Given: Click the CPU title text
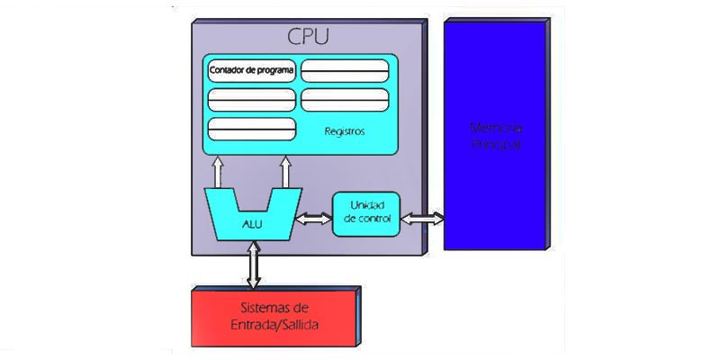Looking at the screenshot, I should click(308, 37).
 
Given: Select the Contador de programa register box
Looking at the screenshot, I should click(252, 70).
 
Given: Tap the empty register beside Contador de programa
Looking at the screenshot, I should click(345, 70).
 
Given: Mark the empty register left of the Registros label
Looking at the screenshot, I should click(252, 129).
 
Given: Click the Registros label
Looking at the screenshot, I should click(344, 131).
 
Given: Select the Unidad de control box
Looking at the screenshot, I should click(366, 214).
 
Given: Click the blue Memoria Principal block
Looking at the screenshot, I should click(495, 135).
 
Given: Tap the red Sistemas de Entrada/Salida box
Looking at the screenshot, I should click(274, 317).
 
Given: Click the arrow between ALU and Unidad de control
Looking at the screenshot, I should click(314, 219).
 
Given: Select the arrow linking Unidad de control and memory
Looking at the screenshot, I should click(422, 218).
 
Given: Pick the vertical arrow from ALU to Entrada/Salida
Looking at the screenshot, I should click(254, 265).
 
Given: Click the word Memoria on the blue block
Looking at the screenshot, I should click(496, 127).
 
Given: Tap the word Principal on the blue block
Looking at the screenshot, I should click(496, 144).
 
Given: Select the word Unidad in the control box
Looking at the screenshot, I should click(367, 206).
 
